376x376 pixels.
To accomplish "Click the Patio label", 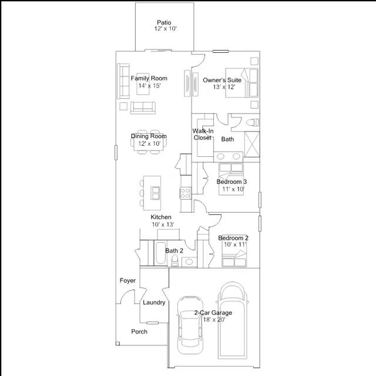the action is coord(164,22).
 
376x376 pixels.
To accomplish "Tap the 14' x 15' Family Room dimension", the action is coord(149,86).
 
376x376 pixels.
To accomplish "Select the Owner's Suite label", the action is coord(222,80).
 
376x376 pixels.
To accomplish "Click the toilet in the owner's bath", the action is coord(253,123).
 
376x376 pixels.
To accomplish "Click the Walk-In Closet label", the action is coord(203,135).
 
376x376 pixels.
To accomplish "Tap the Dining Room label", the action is coord(149,136).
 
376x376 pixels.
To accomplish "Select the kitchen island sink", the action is coord(155,193).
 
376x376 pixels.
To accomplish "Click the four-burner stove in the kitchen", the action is coord(186,193).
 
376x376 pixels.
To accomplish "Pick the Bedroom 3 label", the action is coord(231,182).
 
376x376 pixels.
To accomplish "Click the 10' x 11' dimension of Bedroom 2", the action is coord(235,244).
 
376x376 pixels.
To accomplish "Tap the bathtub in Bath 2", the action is coord(160,253).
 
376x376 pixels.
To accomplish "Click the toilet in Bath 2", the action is coord(175,261).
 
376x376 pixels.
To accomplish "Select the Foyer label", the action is coord(127,280).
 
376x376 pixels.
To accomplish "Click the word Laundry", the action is coord(154,303).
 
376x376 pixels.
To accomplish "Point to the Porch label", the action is coord(139,331).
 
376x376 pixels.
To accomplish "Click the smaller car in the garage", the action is coord(190,325).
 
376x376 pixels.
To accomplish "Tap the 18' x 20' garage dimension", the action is coord(214,320).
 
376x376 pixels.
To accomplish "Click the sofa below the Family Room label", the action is coord(143,108).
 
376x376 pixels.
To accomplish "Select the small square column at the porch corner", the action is coord(117,343).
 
